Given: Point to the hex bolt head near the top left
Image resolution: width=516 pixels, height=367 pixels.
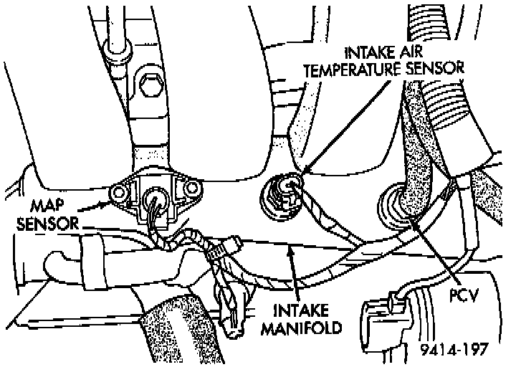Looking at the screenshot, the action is coord(150,87).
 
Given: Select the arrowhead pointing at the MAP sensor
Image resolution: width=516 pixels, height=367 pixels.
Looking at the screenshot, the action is coord(107,204).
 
